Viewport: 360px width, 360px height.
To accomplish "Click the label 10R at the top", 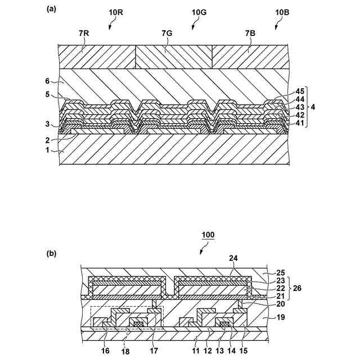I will tap(114, 11).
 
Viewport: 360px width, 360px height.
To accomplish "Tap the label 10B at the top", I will tap(283, 11).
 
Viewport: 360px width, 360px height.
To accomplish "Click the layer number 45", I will tap(300, 91).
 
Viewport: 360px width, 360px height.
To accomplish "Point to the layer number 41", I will tap(300, 123).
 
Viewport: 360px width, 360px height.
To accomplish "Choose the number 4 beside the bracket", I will tap(314, 107).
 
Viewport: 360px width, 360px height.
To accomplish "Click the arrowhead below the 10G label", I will tap(193, 26).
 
